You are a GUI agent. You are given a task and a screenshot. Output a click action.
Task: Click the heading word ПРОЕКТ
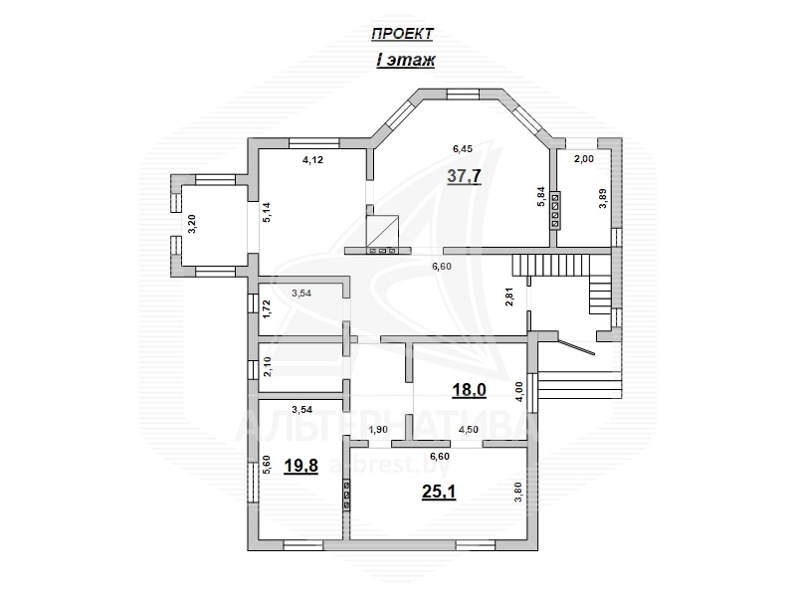(x=403, y=34)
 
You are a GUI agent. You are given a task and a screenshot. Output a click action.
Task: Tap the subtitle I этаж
(x=406, y=61)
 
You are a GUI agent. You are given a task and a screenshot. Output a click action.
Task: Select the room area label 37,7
(x=464, y=176)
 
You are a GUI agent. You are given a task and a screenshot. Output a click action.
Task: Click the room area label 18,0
(x=469, y=390)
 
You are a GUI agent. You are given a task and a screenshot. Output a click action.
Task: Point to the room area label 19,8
(x=301, y=466)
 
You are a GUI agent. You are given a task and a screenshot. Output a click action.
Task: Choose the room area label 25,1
(x=439, y=492)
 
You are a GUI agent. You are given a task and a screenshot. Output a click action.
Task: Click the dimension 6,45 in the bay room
(x=463, y=148)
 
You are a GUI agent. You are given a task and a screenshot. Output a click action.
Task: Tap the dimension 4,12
(x=312, y=160)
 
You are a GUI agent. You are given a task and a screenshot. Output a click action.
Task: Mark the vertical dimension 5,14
(x=268, y=212)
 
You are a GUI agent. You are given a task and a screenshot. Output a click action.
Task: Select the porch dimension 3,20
(x=192, y=223)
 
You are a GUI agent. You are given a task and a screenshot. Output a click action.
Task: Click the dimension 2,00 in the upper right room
(x=584, y=159)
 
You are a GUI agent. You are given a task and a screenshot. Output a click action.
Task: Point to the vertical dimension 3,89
(x=603, y=198)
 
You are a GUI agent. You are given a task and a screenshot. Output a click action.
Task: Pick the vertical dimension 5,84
(x=541, y=196)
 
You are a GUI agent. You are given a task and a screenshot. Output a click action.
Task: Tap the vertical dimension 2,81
(x=510, y=297)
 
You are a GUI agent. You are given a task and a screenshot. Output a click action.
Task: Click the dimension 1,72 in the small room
(x=268, y=309)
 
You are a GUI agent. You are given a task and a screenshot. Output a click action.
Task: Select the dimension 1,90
(x=378, y=430)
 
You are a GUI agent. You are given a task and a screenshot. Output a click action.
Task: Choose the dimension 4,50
(x=468, y=430)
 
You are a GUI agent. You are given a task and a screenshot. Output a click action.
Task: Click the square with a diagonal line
(x=382, y=231)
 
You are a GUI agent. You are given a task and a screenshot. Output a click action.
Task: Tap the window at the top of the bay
(x=463, y=94)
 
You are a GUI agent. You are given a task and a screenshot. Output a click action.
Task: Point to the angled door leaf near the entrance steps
(x=576, y=347)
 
